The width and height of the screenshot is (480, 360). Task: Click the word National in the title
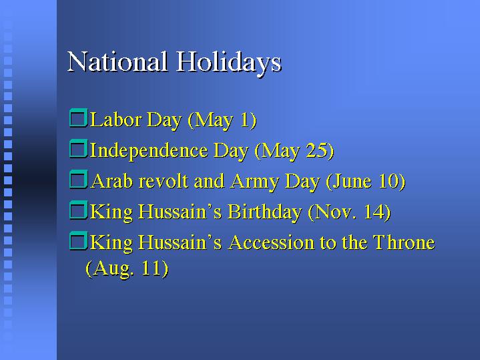[117, 61]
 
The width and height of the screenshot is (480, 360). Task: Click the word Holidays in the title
[229, 63]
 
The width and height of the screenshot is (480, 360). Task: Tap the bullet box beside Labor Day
[79, 118]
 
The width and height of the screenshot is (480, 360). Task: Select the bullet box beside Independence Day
[79, 148]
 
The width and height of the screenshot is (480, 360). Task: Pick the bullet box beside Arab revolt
[79, 179]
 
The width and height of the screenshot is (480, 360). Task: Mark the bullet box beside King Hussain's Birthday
[79, 210]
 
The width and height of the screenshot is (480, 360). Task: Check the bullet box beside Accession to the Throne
[79, 241]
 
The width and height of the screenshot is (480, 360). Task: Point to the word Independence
[149, 150]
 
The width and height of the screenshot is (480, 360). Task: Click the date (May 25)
[294, 151]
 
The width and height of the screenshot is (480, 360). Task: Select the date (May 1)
[222, 120]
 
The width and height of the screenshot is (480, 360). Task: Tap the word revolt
[163, 181]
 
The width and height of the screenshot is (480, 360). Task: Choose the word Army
[255, 182]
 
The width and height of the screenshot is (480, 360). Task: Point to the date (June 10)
[366, 182]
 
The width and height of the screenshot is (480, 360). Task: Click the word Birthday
[265, 212]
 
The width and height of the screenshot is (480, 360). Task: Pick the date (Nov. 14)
[349, 212]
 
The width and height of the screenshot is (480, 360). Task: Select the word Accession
[272, 242]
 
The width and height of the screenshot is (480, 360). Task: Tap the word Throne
[404, 242]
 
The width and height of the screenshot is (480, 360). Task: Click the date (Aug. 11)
[127, 268]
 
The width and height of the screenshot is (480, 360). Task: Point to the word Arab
[111, 181]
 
